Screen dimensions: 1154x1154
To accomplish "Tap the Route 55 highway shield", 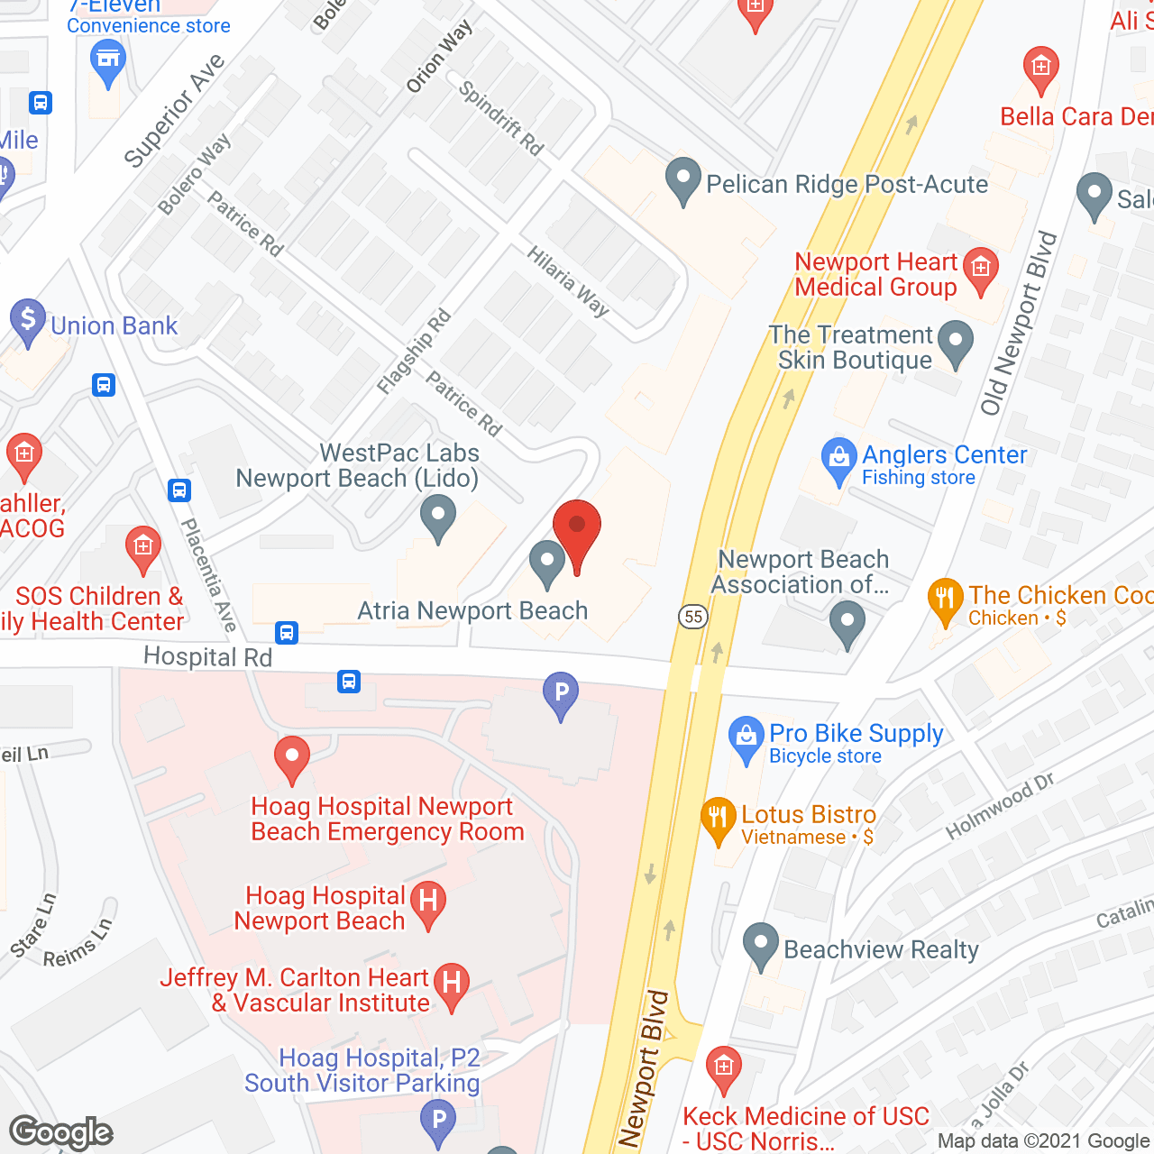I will tap(693, 617).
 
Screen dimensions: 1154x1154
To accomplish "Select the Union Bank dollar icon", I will tap(28, 319).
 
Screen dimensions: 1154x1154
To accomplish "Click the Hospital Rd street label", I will tap(207, 657).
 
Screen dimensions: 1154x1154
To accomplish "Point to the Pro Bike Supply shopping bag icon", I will tap(746, 737).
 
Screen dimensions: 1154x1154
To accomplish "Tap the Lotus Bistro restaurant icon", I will tap(718, 819).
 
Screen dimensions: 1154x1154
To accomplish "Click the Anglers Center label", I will tap(944, 454).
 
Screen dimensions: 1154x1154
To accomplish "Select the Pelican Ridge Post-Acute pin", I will tap(683, 179).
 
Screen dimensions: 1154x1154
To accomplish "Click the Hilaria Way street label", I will tap(568, 281).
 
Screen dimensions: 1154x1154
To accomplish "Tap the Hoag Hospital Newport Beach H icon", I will tap(428, 902).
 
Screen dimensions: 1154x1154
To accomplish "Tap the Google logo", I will tap(61, 1132).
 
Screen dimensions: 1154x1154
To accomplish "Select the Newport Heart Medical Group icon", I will tap(981, 270).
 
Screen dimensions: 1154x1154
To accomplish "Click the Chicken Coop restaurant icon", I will tap(945, 600).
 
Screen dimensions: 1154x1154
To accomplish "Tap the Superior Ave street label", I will tap(174, 110).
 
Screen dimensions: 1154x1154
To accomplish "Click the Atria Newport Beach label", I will tap(472, 610).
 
